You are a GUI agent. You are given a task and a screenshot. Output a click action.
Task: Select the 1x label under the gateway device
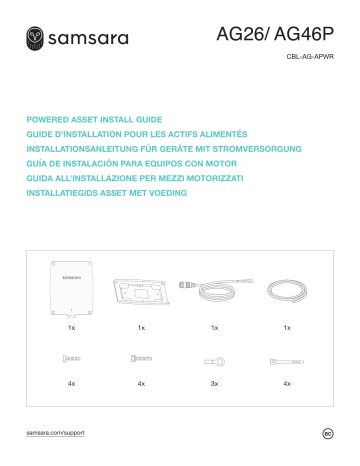coord(69,327)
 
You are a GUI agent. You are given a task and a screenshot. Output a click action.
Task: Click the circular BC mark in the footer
coord(327,433)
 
